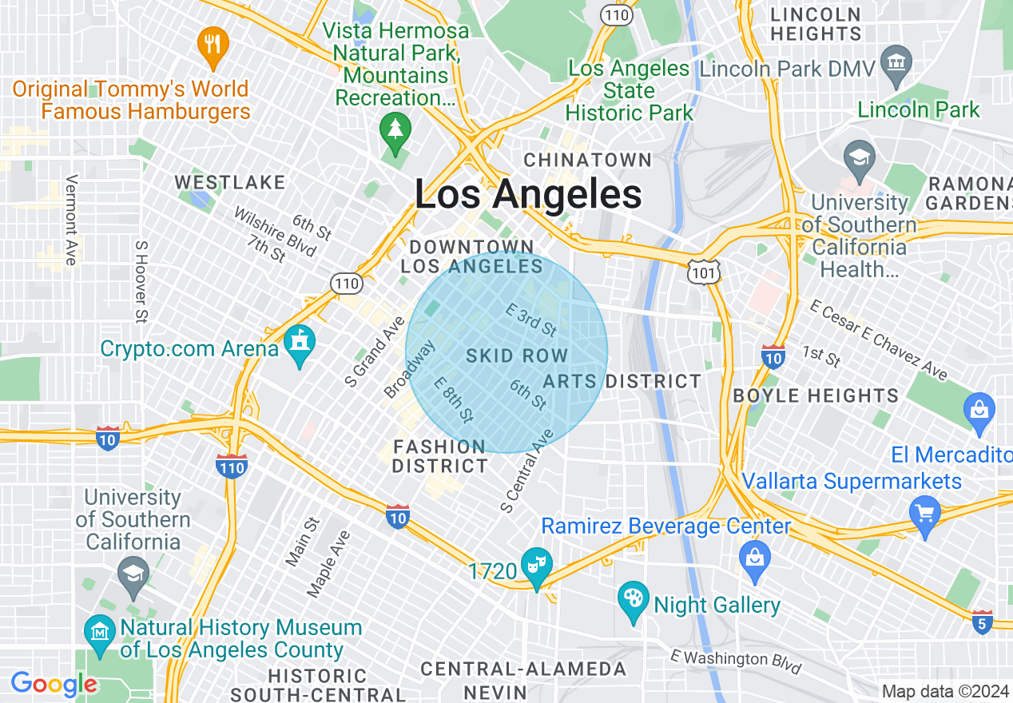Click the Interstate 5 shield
pyautogui.click(x=983, y=622)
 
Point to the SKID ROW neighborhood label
pyautogui.click(x=517, y=355)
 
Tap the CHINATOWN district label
pyautogui.click(x=588, y=160)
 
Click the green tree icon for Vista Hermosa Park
pyautogui.click(x=395, y=130)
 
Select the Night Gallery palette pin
pyautogui.click(x=634, y=600)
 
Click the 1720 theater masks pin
pyautogui.click(x=535, y=566)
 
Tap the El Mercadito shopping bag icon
pyautogui.click(x=979, y=411)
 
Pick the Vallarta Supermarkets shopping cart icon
pyautogui.click(x=925, y=512)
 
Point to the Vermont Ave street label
pyautogui.click(x=70, y=220)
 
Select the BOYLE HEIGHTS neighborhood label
pyautogui.click(x=815, y=395)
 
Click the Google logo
pyautogui.click(x=54, y=685)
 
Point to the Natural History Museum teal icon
pyautogui.click(x=99, y=633)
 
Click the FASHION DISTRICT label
pyautogui.click(x=439, y=456)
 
